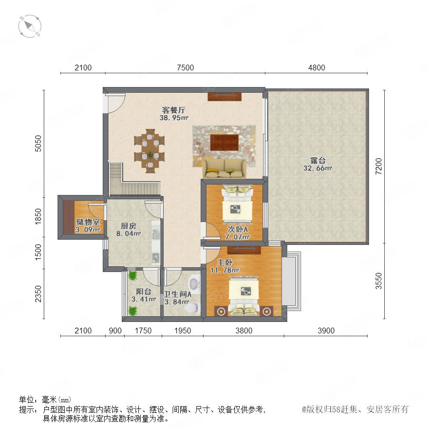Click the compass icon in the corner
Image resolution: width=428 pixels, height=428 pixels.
click(x=30, y=26)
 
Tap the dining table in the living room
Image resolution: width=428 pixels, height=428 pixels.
click(x=150, y=151)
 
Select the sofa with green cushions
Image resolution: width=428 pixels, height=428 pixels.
click(x=224, y=169)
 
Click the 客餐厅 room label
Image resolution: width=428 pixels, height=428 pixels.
click(x=174, y=110)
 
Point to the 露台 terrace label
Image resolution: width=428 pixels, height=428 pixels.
click(x=318, y=160)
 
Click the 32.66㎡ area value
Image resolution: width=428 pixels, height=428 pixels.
click(x=318, y=168)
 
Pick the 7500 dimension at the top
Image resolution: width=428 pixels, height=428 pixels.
click(x=185, y=68)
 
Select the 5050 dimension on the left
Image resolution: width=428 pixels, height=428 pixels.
click(x=38, y=143)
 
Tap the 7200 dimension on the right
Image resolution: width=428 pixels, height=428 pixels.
click(x=379, y=166)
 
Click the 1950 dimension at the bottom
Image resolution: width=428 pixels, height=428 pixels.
click(x=183, y=331)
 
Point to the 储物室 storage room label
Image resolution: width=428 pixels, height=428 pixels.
click(x=88, y=222)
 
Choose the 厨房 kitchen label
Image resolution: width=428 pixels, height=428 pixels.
click(x=128, y=226)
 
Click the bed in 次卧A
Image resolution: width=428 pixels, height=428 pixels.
click(x=237, y=204)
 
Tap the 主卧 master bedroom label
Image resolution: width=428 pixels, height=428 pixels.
click(x=224, y=263)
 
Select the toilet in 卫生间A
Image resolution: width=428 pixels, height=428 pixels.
click(x=192, y=307)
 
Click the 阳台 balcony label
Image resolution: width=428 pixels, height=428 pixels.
click(x=144, y=292)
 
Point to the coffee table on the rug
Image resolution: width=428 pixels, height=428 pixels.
click(x=224, y=142)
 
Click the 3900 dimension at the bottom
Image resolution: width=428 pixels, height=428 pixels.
click(x=326, y=331)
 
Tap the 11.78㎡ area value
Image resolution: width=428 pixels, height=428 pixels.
click(x=224, y=270)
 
